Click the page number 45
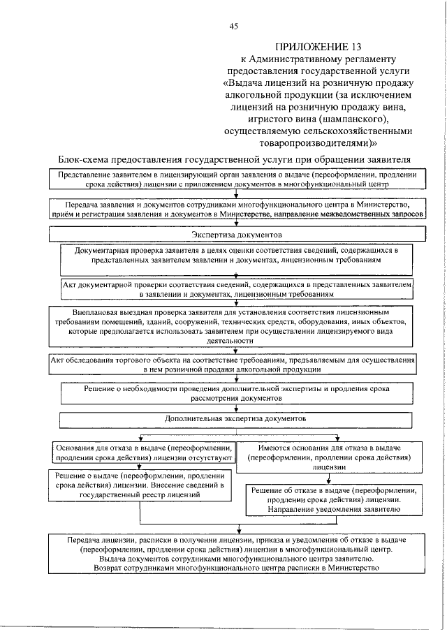coord(234,27)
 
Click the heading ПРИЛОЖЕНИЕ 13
coord(318,47)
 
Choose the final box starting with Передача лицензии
coord(239,554)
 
